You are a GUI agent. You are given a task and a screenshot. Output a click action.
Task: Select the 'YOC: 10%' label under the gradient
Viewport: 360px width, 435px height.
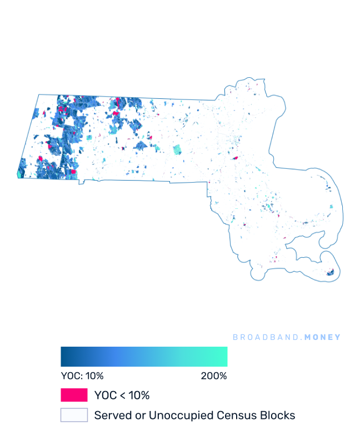click(x=82, y=376)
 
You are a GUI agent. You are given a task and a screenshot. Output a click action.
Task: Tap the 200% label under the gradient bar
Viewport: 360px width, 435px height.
click(x=214, y=376)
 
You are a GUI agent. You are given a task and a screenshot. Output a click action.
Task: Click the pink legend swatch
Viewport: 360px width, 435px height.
click(x=74, y=395)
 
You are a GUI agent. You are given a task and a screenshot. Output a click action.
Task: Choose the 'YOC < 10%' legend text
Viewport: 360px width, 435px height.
click(x=122, y=396)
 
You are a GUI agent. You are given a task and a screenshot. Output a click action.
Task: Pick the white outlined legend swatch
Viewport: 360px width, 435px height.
click(x=74, y=415)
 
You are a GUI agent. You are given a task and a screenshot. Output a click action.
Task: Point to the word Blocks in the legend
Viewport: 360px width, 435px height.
click(x=278, y=415)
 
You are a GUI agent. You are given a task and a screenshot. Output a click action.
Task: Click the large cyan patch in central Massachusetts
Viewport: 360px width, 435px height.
click(x=177, y=149)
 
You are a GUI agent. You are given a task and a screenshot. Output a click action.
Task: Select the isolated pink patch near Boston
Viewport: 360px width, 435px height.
click(x=236, y=158)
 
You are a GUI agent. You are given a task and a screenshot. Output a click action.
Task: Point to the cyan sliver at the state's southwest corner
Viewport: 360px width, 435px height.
click(x=19, y=174)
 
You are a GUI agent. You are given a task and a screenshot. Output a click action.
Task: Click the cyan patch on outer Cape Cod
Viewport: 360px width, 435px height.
click(x=331, y=207)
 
